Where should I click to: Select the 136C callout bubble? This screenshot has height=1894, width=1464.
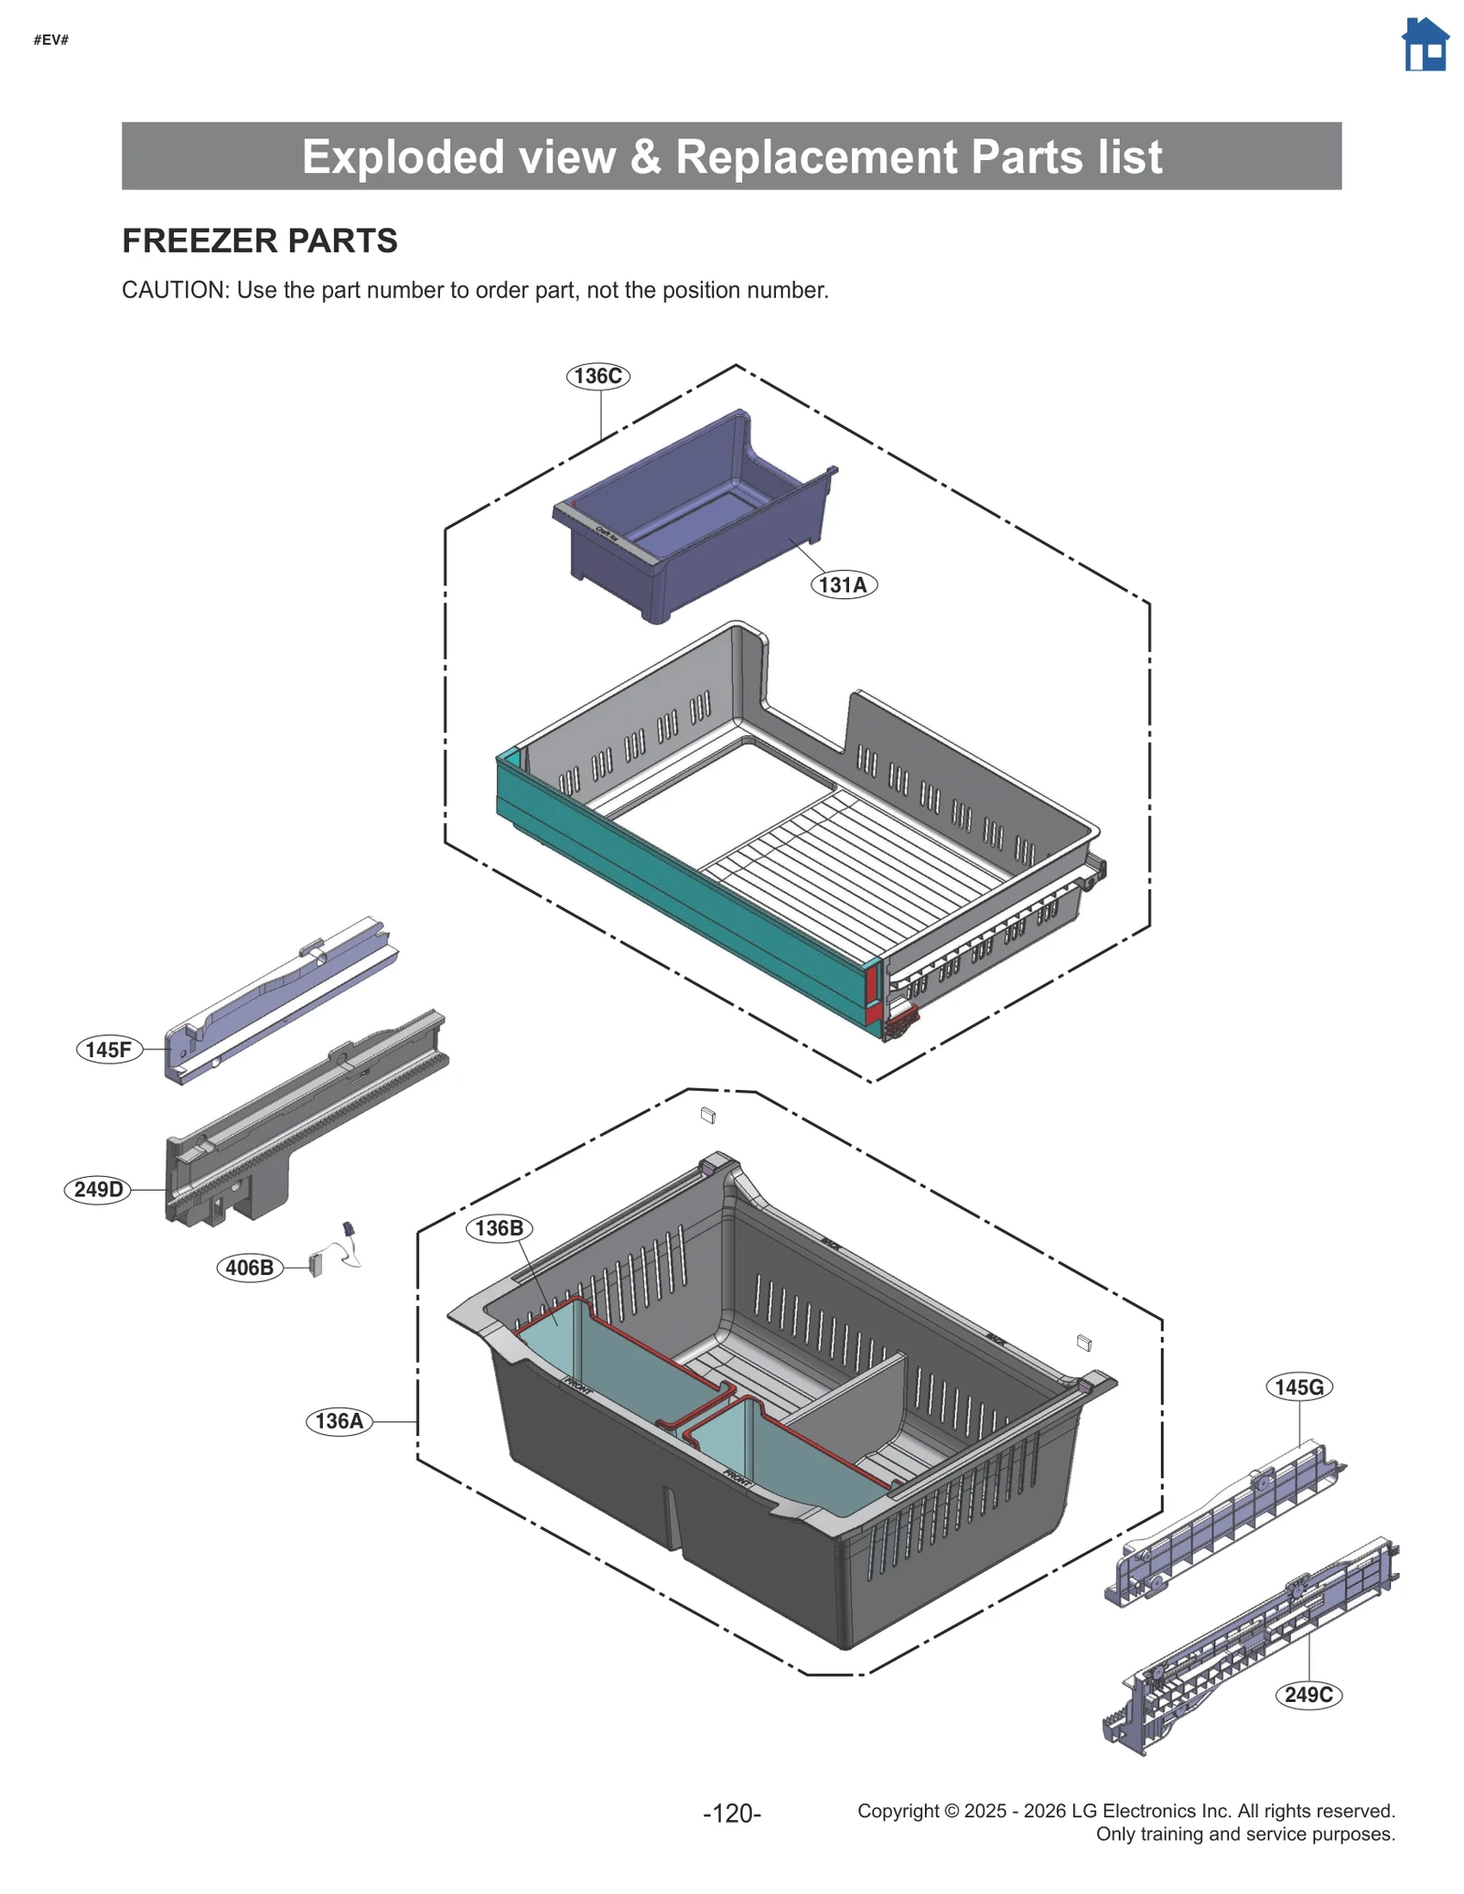pos(597,376)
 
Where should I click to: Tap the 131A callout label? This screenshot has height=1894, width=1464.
pos(843,584)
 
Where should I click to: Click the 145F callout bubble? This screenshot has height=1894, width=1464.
pos(109,1049)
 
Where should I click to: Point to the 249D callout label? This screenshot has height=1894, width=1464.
pos(98,1189)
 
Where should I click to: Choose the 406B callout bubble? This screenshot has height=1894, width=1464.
pos(249,1268)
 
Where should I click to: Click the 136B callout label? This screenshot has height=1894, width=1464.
pos(499,1227)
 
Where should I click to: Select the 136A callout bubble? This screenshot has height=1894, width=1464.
pos(339,1420)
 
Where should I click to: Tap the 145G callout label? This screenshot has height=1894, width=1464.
pos(1298,1386)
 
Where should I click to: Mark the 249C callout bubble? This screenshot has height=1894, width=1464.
pos(1308,1694)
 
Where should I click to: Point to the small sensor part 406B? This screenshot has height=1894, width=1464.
pos(317,1264)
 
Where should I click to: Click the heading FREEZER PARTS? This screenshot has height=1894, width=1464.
pos(260,241)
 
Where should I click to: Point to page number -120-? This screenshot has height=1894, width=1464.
pos(732,1812)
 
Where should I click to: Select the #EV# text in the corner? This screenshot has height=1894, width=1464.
pos(51,39)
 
